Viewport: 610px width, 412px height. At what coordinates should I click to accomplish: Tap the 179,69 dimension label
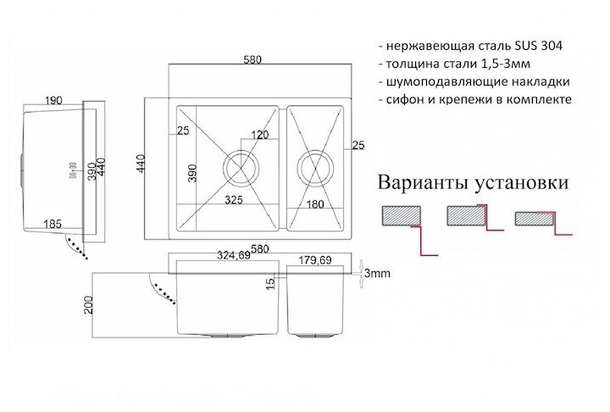coord(314,261)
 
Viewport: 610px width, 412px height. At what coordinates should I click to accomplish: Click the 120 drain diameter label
coord(259,136)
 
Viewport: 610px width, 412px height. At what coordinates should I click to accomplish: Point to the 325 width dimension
coord(237,202)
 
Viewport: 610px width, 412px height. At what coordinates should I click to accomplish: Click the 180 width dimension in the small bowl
coord(315,203)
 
